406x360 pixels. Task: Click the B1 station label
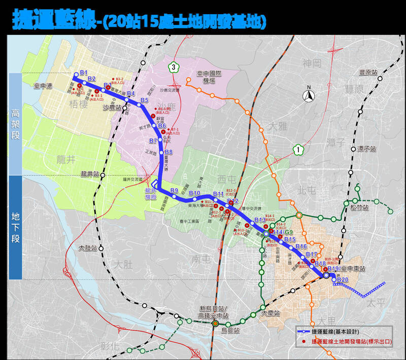[x=84, y=72]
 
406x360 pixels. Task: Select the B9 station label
[x=175, y=191]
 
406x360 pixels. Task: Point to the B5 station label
[x=144, y=100]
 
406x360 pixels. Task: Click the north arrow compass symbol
[x=309, y=94]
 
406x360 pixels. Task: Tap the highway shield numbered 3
[x=174, y=66]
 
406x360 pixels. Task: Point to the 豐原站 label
[x=368, y=73]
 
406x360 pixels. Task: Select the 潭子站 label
[x=365, y=149]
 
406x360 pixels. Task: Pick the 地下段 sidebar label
[x=15, y=227]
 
